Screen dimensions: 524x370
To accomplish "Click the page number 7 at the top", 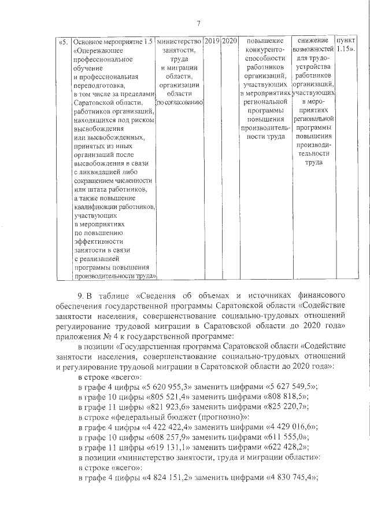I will tap(198, 24).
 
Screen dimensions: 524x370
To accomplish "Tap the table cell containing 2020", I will tap(230, 42).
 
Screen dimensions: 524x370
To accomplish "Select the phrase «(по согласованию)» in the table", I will tap(179, 102).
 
